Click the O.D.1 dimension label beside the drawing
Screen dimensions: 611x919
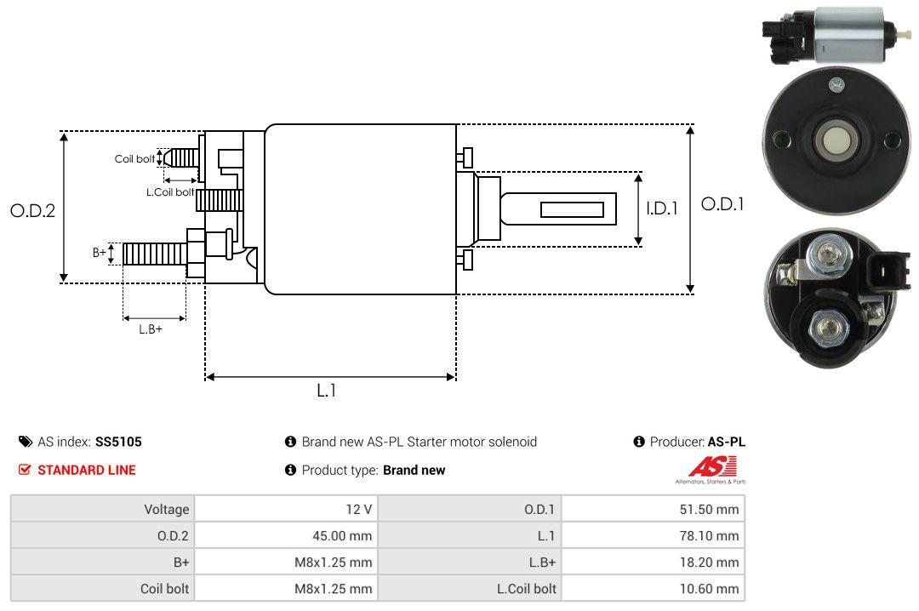pyautogui.click(x=722, y=204)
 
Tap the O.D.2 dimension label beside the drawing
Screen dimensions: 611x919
pyautogui.click(x=32, y=210)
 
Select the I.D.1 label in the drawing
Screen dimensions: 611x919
pyautogui.click(x=661, y=208)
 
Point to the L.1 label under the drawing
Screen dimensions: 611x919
pyautogui.click(x=328, y=391)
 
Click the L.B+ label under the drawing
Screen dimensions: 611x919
pyautogui.click(x=151, y=329)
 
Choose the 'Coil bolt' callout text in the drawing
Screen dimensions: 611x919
pyautogui.click(x=134, y=159)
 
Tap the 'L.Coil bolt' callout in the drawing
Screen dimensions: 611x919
pyautogui.click(x=170, y=192)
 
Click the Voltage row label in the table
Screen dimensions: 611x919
pyautogui.click(x=166, y=510)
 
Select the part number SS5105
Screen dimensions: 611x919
pyautogui.click(x=118, y=442)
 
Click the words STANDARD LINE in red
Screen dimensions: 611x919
pyautogui.click(x=86, y=470)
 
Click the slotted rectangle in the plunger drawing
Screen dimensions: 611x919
pyautogui.click(x=572, y=209)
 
